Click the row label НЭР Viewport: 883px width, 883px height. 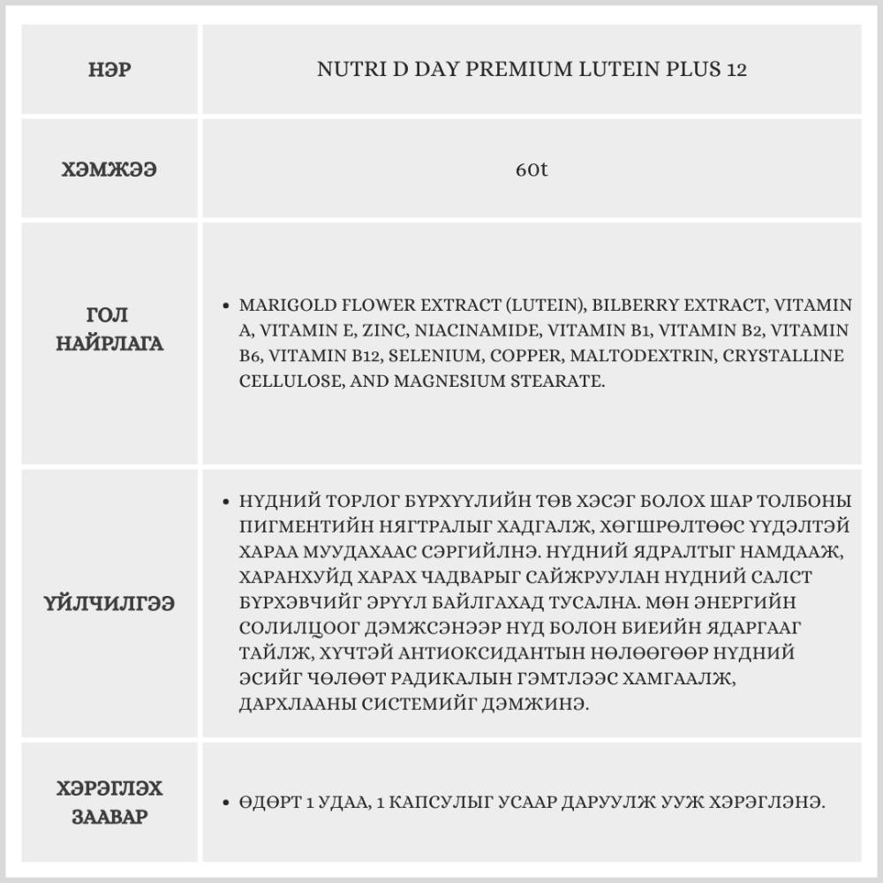[x=110, y=69]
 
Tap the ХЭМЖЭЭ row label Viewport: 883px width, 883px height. [x=110, y=169]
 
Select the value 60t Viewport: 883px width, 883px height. [x=532, y=169]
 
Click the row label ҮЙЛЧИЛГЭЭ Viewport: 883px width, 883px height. [x=110, y=604]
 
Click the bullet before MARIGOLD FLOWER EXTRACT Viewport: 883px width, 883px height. [x=227, y=306]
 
